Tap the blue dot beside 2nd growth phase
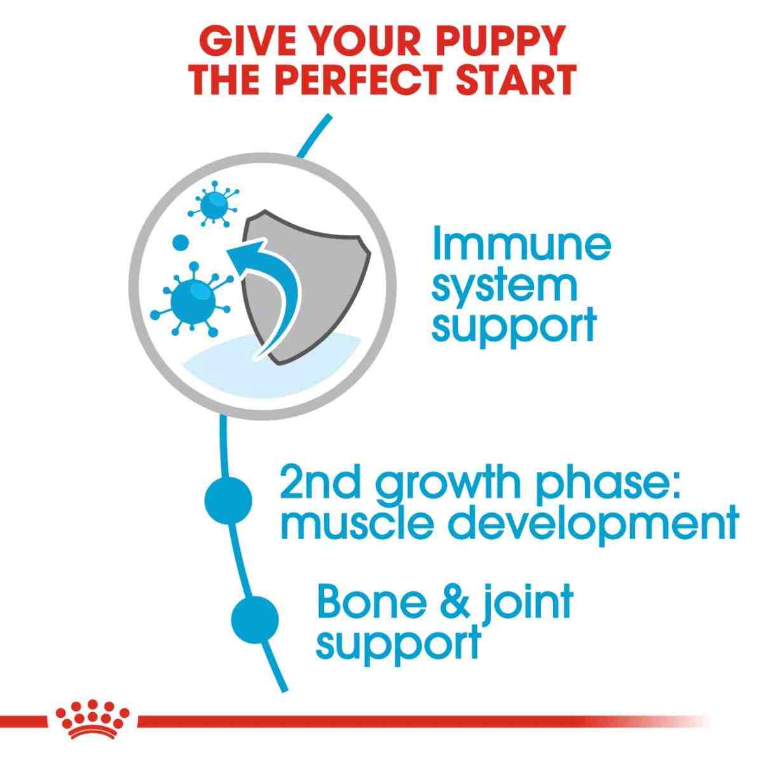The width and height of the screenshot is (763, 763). [228, 500]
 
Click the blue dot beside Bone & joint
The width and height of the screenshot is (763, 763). [255, 617]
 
